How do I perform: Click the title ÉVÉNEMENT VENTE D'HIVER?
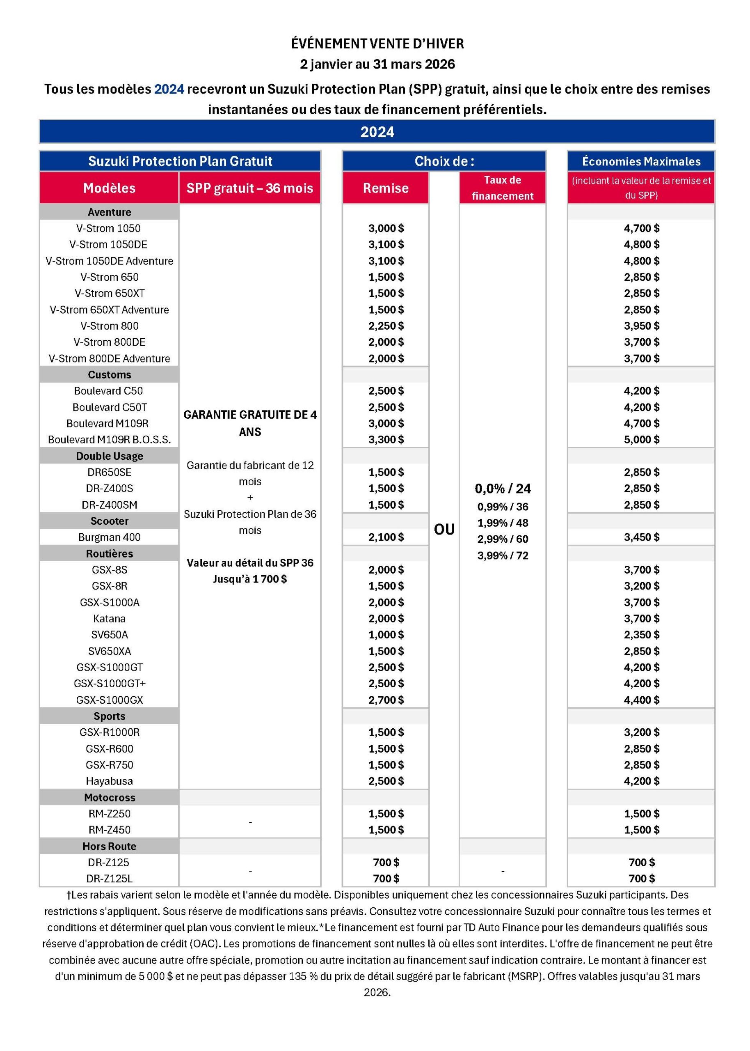point(377,44)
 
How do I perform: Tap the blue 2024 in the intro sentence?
point(169,89)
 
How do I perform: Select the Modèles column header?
point(109,188)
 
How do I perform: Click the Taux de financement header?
point(502,188)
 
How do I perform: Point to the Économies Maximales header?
point(641,161)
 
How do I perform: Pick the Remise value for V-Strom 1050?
point(386,228)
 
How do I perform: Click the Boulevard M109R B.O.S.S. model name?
point(109,439)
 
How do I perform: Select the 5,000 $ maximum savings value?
point(641,439)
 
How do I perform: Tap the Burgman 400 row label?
point(109,537)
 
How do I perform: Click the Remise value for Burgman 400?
point(386,537)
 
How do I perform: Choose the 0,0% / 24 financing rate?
point(503,488)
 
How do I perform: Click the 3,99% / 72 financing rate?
point(503,555)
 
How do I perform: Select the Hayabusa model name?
point(109,781)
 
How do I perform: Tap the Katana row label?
point(109,618)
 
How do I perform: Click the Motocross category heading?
point(109,797)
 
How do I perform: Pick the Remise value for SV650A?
point(386,634)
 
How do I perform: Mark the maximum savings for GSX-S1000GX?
point(641,700)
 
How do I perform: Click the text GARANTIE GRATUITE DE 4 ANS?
point(250,423)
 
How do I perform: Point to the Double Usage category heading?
point(109,456)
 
